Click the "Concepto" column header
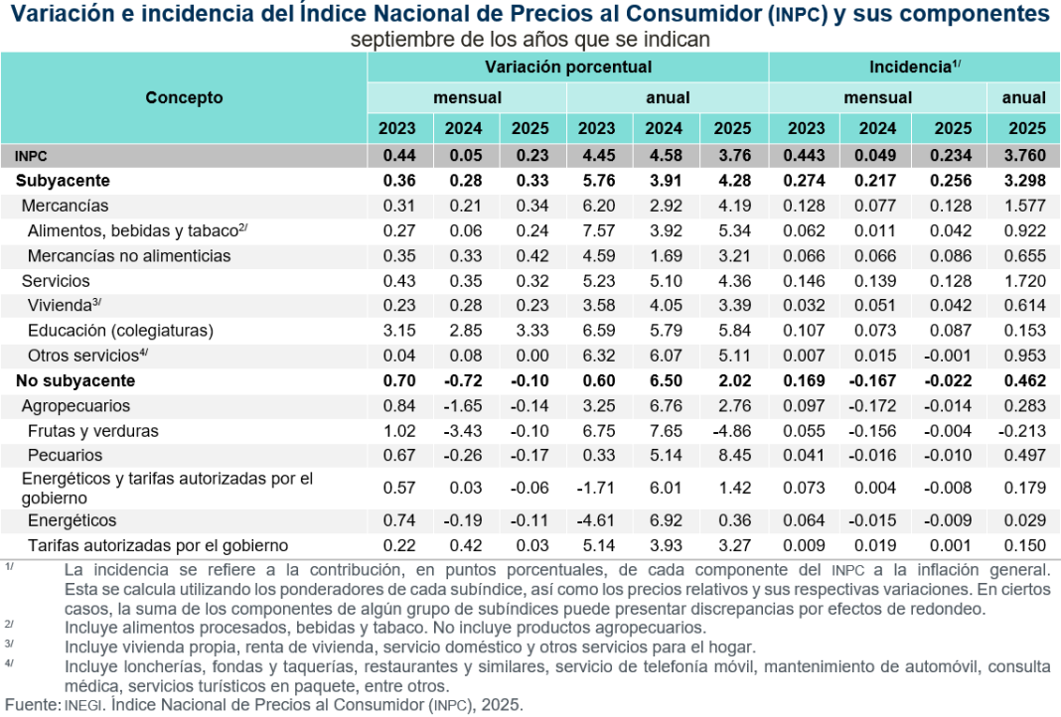click(x=184, y=97)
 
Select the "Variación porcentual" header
click(x=568, y=67)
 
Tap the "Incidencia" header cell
click(x=914, y=67)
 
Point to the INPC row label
click(x=31, y=156)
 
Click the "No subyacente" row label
click(x=76, y=380)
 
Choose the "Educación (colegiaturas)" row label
click(x=120, y=331)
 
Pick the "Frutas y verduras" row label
click(x=93, y=431)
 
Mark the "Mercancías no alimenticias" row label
click(x=129, y=255)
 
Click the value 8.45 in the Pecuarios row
click(x=733, y=456)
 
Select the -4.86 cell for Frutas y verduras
click(x=731, y=431)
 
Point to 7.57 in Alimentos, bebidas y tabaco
click(x=597, y=230)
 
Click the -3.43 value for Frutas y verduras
click(x=463, y=431)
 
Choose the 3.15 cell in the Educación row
click(x=397, y=331)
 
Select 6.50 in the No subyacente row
click(x=665, y=380)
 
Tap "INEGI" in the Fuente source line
click(x=82, y=705)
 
